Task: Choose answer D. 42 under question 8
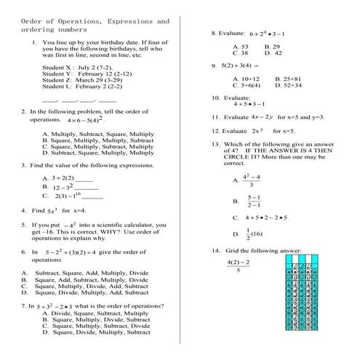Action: coord(273,53)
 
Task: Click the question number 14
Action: coord(215,250)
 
